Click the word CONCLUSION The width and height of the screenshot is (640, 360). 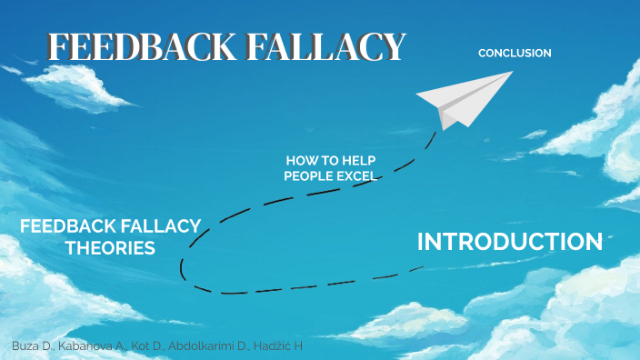515,54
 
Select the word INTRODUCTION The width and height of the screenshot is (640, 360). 509,242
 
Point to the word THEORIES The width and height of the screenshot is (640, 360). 110,247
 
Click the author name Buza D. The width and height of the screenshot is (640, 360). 34,347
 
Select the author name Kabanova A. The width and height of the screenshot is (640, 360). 89,347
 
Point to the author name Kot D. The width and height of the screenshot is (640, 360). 146,347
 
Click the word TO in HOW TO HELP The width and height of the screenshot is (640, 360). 330,160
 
